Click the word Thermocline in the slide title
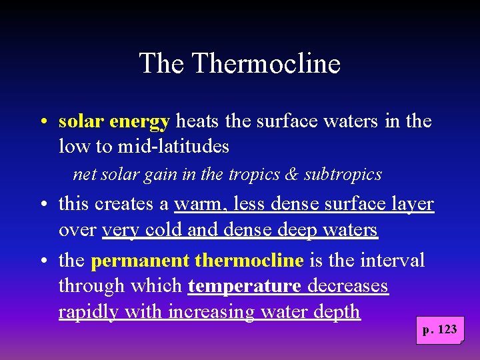[x=266, y=64]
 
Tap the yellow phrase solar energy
[x=114, y=122]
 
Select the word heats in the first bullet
[x=198, y=122]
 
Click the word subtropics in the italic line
[x=343, y=175]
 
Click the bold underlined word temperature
[x=245, y=286]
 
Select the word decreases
[x=348, y=286]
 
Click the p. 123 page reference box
[x=439, y=330]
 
